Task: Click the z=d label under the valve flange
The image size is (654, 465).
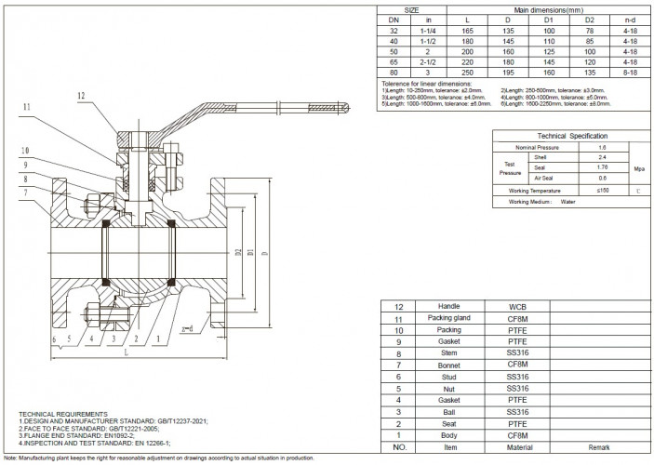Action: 188,327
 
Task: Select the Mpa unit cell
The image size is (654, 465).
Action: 638,169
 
